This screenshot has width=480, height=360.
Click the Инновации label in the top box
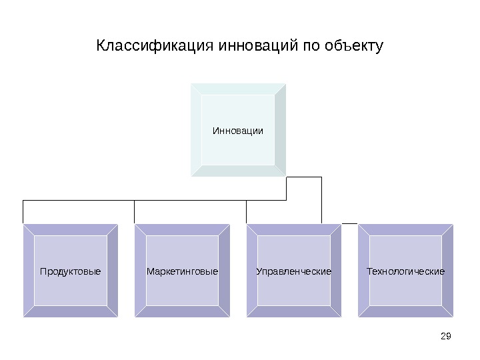pos(238,130)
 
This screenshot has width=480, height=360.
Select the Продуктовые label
pos(70,271)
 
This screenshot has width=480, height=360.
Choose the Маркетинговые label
pos(182,271)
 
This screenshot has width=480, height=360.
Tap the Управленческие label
pos(294,271)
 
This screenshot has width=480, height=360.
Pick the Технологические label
pos(405,271)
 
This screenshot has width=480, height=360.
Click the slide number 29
pos(447,335)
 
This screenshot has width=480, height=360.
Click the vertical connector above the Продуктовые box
pos(23,211)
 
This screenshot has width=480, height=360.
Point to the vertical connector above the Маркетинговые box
pos(135,211)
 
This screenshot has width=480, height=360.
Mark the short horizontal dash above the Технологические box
pos(349,222)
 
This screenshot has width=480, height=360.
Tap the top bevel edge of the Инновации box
pos(238,89)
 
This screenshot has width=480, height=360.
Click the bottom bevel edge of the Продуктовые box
pos(70,312)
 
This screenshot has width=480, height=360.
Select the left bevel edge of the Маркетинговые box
pos(140,271)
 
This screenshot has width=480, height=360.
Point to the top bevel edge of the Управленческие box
pos(294,229)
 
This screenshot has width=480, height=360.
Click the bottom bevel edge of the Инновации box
pos(238,171)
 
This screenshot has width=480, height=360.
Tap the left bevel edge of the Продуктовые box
pos(28,271)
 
